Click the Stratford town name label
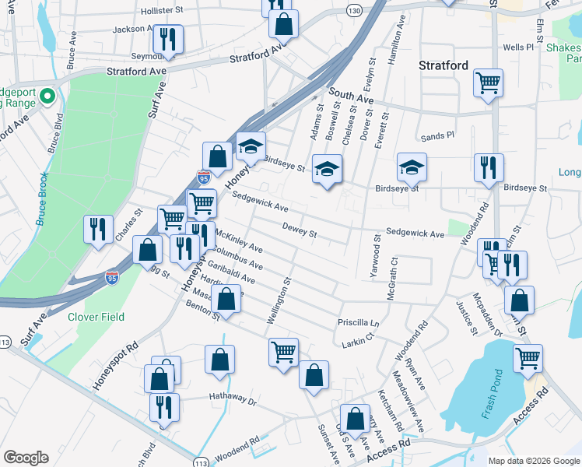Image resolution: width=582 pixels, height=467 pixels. (x=444, y=65)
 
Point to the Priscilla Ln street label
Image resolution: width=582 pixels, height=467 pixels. (x=357, y=322)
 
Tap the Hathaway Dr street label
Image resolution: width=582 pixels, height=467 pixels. (x=233, y=401)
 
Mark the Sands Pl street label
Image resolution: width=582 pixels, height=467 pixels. (x=436, y=136)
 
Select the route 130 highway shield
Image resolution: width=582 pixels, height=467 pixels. (x=355, y=11)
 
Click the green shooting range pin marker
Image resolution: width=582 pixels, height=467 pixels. (x=46, y=97)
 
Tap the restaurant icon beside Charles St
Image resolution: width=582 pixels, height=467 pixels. (x=99, y=228)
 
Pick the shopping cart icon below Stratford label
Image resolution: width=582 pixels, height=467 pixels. (x=488, y=82)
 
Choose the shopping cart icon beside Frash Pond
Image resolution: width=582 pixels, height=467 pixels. (x=528, y=357)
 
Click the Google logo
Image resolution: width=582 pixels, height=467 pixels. (x=26, y=458)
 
